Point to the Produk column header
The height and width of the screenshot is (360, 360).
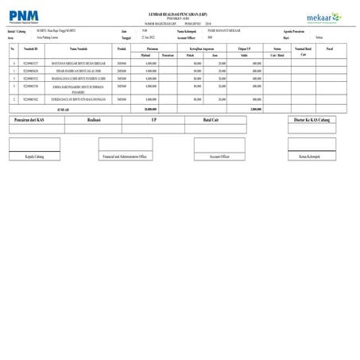[122, 50]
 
